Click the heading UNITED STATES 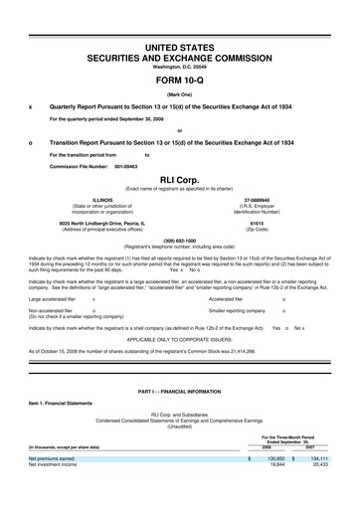[x=179, y=48]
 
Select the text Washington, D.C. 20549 [x=179, y=68]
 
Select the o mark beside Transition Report [x=32, y=142]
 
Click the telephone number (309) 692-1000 [x=179, y=239]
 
